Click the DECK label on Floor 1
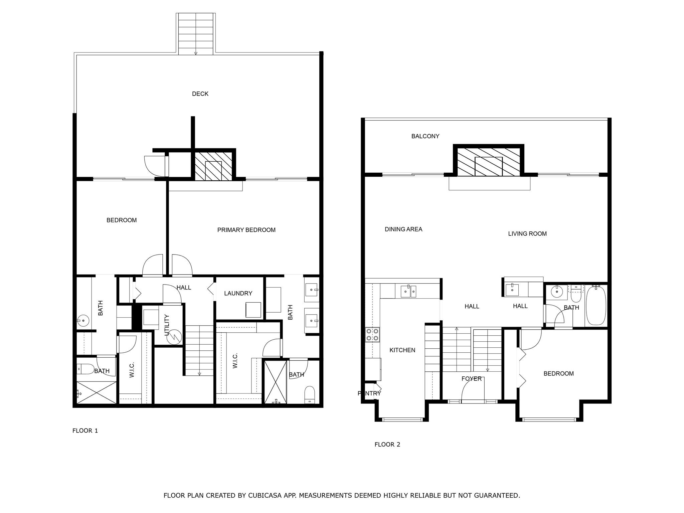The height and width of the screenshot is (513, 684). pos(200,94)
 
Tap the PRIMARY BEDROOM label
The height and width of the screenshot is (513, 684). pos(246,230)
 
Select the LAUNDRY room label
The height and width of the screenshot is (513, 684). pos(238,293)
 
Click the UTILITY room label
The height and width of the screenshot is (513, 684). pos(167,325)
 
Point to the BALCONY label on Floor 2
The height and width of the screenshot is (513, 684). pos(425,136)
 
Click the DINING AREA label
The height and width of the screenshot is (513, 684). pos(403,229)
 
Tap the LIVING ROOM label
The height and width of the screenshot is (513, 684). pos(527,234)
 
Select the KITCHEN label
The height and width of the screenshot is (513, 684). pos(402,350)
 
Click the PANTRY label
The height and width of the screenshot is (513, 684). pos(369,393)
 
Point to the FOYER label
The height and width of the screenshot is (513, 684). pos(471,379)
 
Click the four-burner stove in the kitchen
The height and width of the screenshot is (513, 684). pos(372,335)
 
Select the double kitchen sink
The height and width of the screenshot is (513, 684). pos(408,292)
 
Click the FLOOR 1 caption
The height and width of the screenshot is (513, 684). pos(85,431)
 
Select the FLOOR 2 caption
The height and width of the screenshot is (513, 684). pos(387,445)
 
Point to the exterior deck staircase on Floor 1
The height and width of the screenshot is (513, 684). pos(196,33)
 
